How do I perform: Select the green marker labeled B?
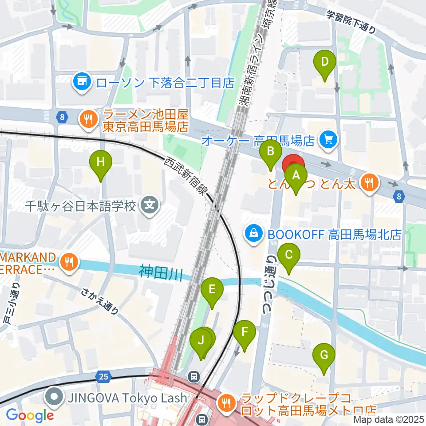point(270,153)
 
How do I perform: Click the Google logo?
point(30,415)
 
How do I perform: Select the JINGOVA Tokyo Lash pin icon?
point(55,396)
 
